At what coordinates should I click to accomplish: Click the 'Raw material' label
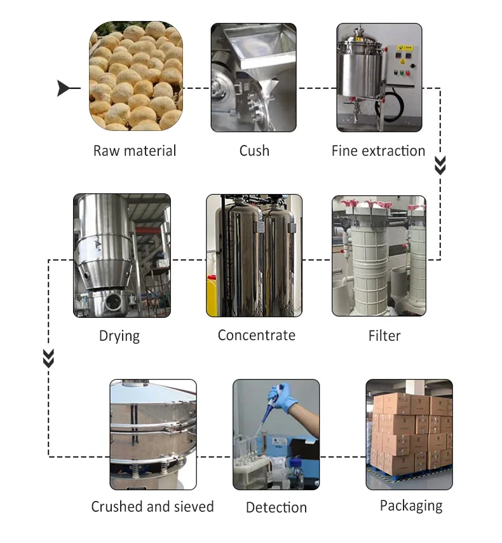(135, 151)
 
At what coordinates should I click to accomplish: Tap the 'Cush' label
(254, 151)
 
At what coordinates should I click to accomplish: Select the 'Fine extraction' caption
(378, 151)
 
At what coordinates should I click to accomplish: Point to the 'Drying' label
(119, 336)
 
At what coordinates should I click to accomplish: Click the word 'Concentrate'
(257, 335)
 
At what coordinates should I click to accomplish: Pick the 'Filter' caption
(384, 335)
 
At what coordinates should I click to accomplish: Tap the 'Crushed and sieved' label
(153, 507)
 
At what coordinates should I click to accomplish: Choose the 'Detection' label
(276, 507)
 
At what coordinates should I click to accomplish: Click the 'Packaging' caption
(411, 506)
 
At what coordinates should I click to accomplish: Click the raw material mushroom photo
(135, 76)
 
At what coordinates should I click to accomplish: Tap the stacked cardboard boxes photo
(409, 432)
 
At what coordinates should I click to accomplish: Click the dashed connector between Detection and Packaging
(343, 457)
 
